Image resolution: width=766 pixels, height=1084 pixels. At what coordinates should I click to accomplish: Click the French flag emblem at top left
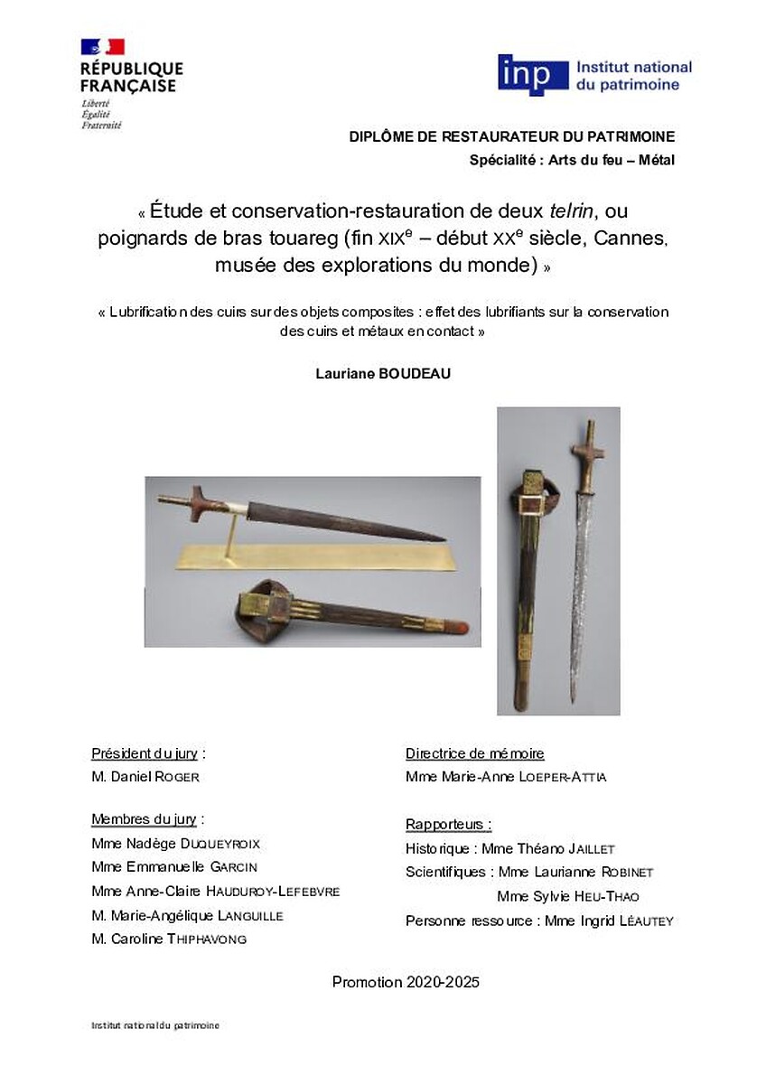(102, 47)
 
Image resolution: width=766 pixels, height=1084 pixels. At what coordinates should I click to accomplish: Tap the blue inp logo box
(533, 75)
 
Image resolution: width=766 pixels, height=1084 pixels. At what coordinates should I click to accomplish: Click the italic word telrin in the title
(572, 212)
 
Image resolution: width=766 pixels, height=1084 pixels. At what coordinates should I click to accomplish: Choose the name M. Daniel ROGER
(145, 777)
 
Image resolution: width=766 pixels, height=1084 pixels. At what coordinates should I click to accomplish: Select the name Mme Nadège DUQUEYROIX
(175, 844)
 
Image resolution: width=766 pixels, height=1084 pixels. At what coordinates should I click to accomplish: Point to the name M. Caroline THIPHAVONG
(169, 939)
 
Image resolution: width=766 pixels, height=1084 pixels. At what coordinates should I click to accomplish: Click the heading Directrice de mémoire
(475, 753)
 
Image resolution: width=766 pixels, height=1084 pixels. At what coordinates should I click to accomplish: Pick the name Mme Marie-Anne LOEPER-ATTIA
(506, 777)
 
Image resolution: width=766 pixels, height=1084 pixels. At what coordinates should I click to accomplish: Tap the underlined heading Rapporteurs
(448, 824)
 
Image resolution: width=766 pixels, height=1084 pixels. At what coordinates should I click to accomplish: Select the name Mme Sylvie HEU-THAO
(568, 897)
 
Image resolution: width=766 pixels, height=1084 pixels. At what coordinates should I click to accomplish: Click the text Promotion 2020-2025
(406, 982)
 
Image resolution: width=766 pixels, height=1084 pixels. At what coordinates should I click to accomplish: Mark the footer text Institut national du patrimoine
(155, 1025)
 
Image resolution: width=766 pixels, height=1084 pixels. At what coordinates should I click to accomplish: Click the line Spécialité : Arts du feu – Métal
(572, 160)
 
